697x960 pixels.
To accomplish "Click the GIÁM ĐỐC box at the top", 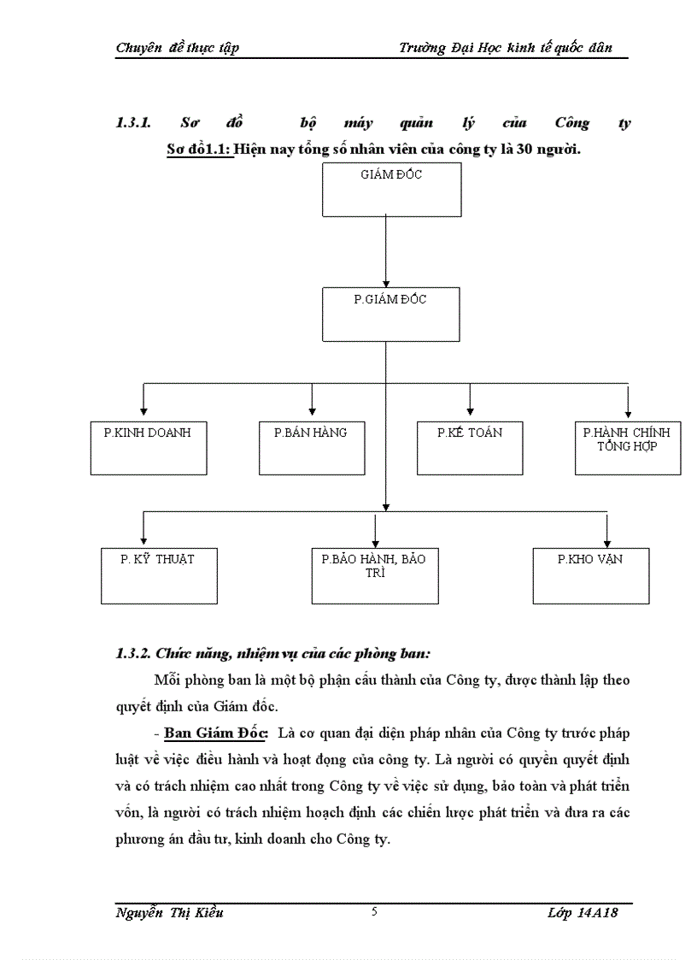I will [391, 189].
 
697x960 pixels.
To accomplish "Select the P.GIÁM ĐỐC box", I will [390, 314].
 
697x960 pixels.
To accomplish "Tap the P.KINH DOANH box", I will [149, 447].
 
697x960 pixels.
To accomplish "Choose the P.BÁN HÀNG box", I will [311, 447].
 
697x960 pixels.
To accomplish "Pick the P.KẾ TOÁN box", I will [470, 447].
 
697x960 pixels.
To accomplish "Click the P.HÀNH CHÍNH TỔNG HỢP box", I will [628, 447].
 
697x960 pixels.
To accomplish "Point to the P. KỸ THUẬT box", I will [159, 576].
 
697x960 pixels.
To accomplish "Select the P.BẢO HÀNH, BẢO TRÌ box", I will [374, 576].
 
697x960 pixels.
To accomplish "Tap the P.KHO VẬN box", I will [590, 576].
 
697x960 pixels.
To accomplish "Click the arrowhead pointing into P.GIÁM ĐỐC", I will [386, 282].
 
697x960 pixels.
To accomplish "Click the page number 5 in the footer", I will [374, 912].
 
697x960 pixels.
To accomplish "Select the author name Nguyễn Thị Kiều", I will [169, 913].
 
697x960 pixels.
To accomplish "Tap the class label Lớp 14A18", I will [583, 913].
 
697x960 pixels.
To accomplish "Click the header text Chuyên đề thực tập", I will [177, 48].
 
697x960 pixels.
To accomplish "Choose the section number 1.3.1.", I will [133, 123].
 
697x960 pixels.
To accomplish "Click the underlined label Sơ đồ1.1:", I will [199, 150].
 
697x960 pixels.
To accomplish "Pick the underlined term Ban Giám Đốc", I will [216, 733].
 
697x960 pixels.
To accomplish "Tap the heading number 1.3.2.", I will [133, 654].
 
